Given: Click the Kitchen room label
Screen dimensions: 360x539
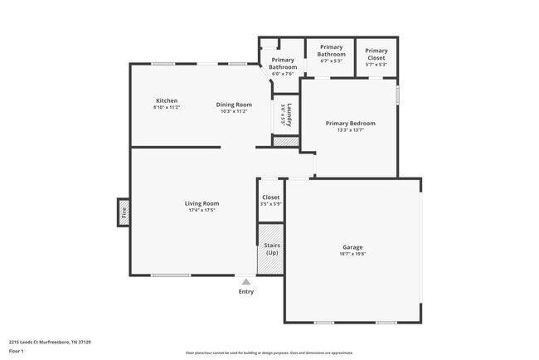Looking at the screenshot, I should coord(167,100).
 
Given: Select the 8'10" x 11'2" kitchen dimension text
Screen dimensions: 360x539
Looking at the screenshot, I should coord(167,108).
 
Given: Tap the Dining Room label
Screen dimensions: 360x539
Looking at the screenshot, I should coord(234,104).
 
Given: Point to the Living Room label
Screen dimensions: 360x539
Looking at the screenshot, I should coord(202,203).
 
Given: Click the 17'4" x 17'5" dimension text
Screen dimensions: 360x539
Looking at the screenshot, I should coord(202,211).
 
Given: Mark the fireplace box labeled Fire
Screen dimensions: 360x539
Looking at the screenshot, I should coord(124,212).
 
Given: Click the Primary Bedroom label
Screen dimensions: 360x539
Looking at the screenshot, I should coord(350,123).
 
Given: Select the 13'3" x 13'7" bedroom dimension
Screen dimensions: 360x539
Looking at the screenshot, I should coord(350,130).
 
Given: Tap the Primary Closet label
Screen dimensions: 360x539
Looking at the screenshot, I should coord(376,54).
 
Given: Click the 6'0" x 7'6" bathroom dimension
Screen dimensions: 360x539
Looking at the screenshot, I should coord(283,74).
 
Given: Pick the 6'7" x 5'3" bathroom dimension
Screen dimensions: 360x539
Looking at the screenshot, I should coord(331,61).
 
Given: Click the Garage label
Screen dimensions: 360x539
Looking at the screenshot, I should coord(353,246).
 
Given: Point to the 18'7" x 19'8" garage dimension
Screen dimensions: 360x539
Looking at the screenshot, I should coord(353,254).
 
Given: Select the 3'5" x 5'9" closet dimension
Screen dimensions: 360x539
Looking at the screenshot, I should coord(271,204).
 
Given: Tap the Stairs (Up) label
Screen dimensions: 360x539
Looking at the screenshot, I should coord(271,249).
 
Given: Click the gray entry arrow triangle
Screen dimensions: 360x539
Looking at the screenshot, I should coord(246,282).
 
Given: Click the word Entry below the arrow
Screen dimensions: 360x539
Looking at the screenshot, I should coord(246,291).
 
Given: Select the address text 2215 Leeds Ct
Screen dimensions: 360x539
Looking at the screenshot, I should coord(29,342).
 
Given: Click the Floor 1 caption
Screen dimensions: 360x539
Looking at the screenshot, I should coord(17,351).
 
